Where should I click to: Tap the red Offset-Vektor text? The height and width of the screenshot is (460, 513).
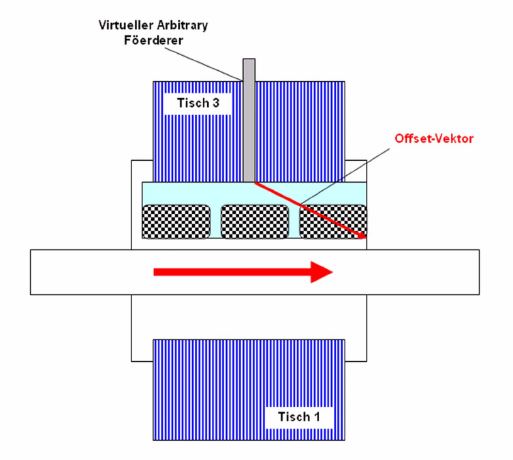point(434,138)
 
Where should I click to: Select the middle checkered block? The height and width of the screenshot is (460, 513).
point(255,221)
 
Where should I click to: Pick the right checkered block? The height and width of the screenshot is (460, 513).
point(332,221)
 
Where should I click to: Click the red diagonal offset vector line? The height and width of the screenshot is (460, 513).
point(307,208)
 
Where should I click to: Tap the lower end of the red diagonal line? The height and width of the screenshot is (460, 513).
point(364,236)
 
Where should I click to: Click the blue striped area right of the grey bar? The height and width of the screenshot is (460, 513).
point(300,129)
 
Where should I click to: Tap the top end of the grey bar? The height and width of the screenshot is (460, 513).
point(249,61)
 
